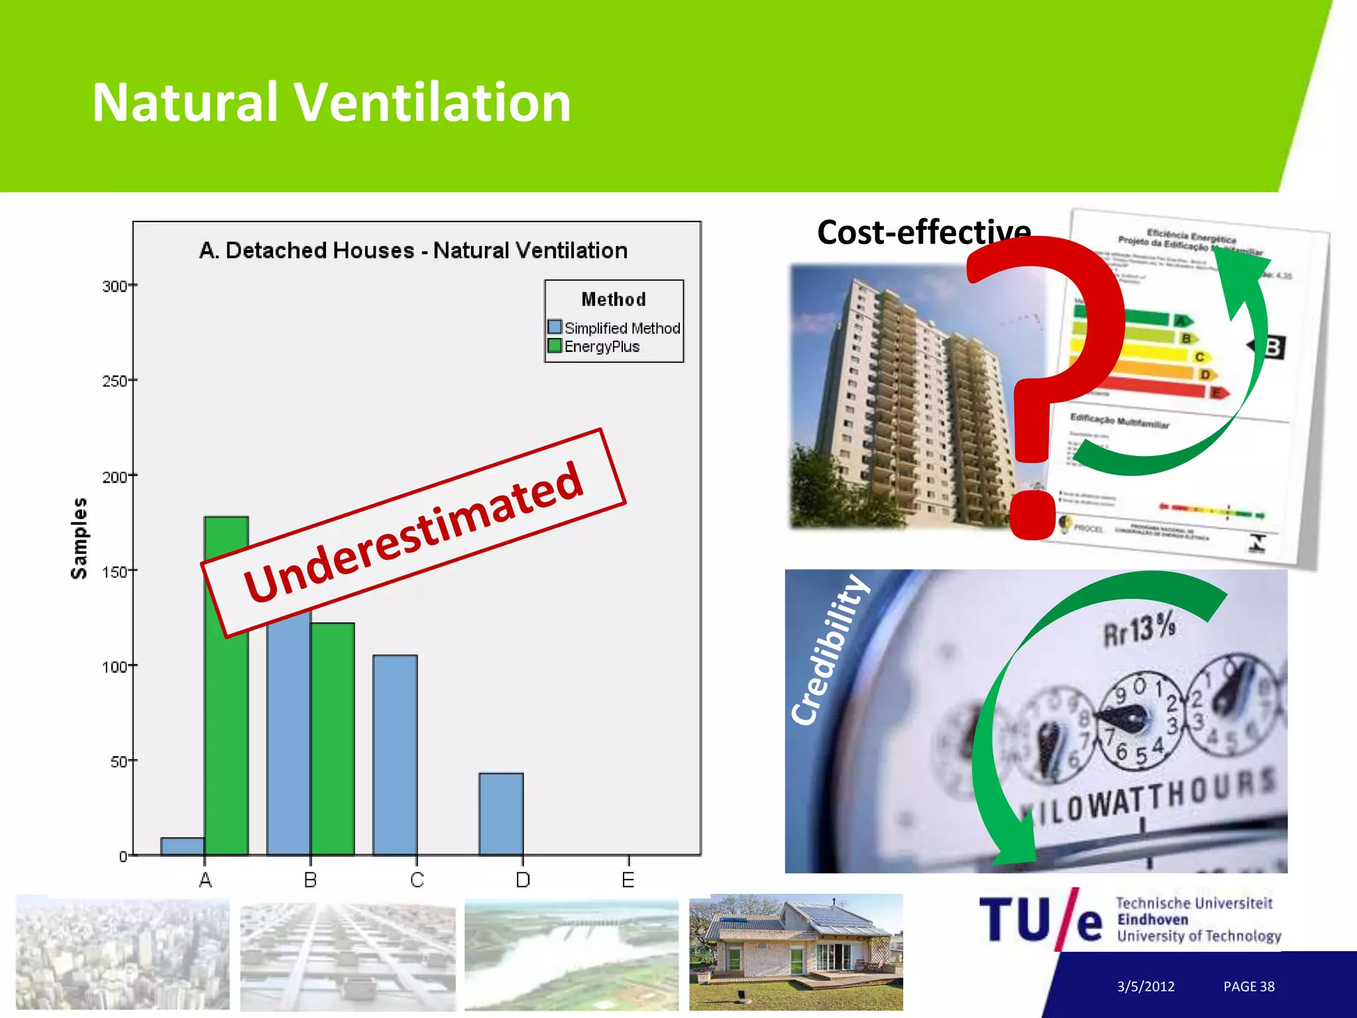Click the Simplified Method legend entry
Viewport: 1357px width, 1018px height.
click(614, 328)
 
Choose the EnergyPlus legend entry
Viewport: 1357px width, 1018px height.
click(594, 347)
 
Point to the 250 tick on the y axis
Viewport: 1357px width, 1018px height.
click(115, 381)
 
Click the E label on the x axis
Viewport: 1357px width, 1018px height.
click(628, 880)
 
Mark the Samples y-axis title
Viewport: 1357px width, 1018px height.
click(79, 538)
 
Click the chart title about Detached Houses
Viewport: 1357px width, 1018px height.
click(413, 251)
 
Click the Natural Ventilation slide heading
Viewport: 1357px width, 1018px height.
click(331, 102)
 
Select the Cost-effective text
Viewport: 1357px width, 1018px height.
click(924, 232)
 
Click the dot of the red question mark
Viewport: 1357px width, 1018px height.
click(1032, 514)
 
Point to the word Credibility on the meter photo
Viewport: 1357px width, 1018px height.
click(829, 650)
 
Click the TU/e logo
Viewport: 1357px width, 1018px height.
click(1040, 919)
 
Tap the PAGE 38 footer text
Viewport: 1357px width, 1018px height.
click(1248, 986)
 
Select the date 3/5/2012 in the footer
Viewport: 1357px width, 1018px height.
click(1145, 986)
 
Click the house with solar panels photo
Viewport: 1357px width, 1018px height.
click(796, 952)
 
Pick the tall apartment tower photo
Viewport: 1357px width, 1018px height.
click(901, 398)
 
